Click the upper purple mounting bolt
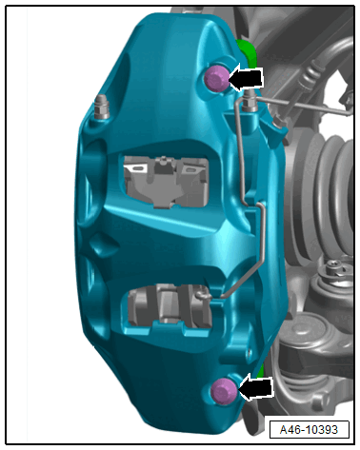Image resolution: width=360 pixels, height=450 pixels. (x=216, y=78)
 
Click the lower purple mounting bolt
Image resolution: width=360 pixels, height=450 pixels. (x=224, y=391)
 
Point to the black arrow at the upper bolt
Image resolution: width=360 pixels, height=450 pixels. (x=246, y=78)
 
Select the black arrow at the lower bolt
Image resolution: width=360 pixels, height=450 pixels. (x=255, y=387)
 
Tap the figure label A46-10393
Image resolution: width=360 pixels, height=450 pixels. (x=309, y=430)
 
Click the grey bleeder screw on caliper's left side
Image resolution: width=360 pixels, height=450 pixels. (x=102, y=107)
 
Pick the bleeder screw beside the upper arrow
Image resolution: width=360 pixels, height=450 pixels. (x=250, y=101)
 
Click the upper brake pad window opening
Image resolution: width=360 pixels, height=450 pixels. (x=166, y=182)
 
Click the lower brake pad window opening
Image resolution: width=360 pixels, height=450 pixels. (x=170, y=308)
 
